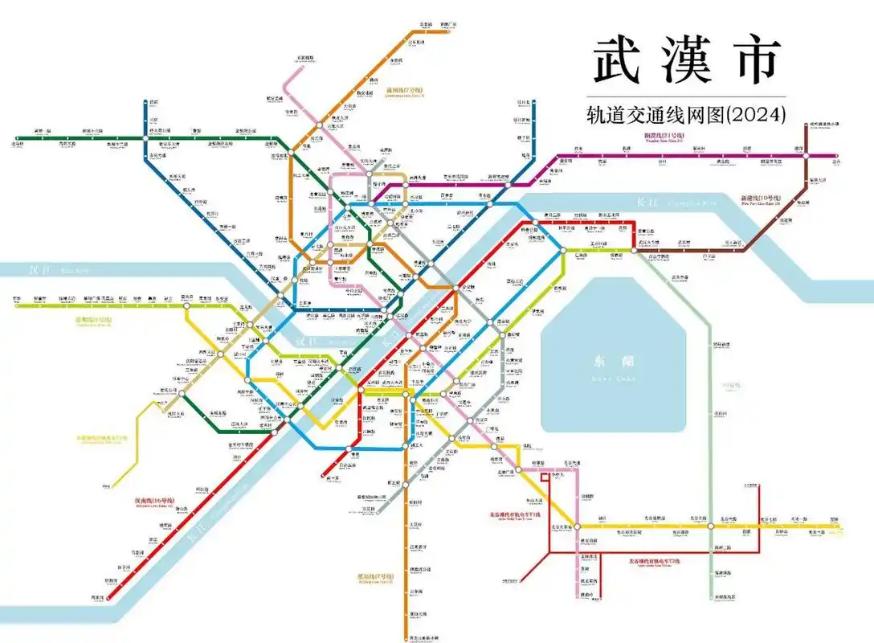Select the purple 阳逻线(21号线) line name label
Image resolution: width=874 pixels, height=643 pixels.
tap(664, 136)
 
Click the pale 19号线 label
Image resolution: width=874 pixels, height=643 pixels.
tap(730, 386)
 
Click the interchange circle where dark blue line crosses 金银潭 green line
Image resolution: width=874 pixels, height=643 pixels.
tap(145, 137)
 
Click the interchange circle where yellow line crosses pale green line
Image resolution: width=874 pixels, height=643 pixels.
tap(711, 526)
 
